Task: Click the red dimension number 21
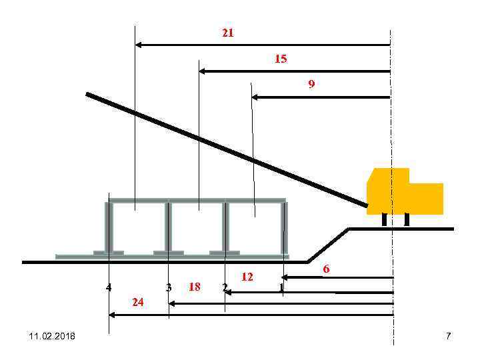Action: pyautogui.click(x=228, y=33)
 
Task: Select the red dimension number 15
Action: pyautogui.click(x=281, y=59)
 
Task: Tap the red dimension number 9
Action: pyautogui.click(x=311, y=83)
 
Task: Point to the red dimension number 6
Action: pyautogui.click(x=326, y=269)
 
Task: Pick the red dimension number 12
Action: pyautogui.click(x=247, y=277)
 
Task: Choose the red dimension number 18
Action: pyautogui.click(x=195, y=287)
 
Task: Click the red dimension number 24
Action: pyautogui.click(x=138, y=302)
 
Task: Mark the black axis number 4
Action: pyautogui.click(x=109, y=287)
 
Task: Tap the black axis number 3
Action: pyautogui.click(x=169, y=287)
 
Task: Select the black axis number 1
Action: pyautogui.click(x=281, y=287)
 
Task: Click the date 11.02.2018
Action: pyautogui.click(x=52, y=336)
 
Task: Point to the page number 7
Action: pyautogui.click(x=448, y=336)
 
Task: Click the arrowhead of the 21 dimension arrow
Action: pyautogui.click(x=138, y=45)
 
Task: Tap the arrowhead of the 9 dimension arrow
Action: pyautogui.click(x=255, y=97)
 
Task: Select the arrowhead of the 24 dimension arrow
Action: pyautogui.click(x=112, y=315)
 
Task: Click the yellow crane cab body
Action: pyautogui.click(x=405, y=191)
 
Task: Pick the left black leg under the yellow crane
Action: pyautogui.click(x=385, y=220)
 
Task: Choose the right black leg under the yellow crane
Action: pyautogui.click(x=407, y=220)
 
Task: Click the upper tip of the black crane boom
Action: pyautogui.click(x=87, y=94)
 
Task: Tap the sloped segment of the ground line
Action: pyautogui.click(x=328, y=245)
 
